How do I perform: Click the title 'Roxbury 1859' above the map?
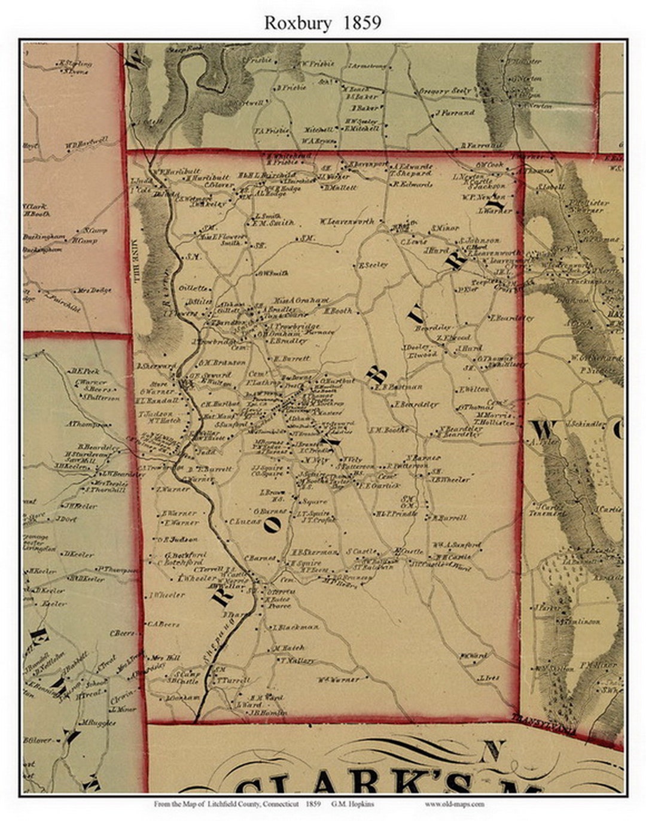coord(322,23)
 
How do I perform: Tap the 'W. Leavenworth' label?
coord(346,221)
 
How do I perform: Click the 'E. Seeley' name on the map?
coord(373,264)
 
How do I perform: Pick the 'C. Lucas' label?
coord(244,521)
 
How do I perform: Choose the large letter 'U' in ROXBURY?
coord(418,315)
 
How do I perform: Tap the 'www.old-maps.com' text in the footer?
coord(455,804)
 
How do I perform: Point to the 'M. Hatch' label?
coord(289,648)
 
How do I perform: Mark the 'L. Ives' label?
coord(489,678)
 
